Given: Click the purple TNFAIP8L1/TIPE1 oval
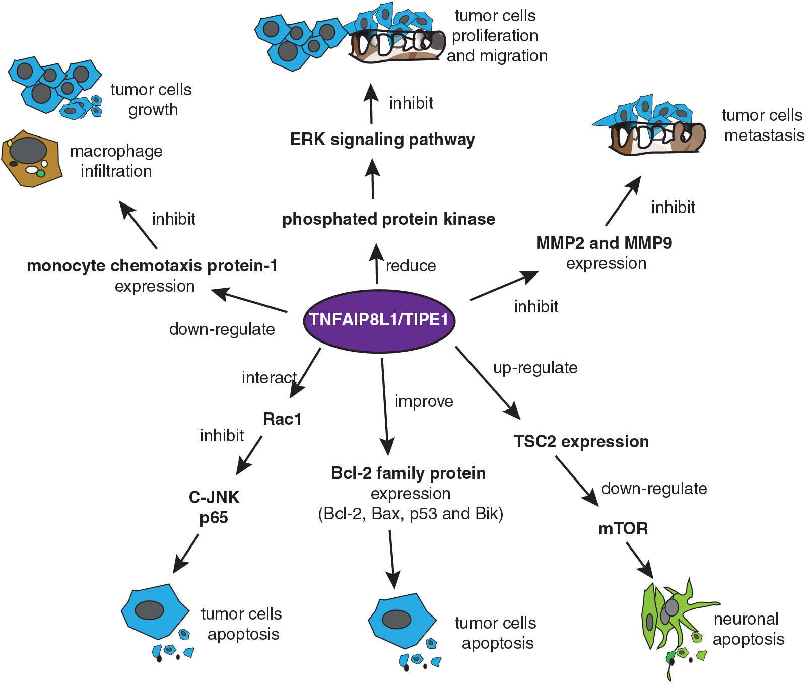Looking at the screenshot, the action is coord(379,320).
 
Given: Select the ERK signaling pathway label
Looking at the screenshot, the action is coord(382,140).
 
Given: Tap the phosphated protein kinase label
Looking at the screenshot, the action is coord(388,219).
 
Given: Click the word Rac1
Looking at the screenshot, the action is coord(282,419).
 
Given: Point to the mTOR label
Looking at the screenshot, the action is coord(623,528).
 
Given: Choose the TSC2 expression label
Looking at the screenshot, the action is coord(581,442).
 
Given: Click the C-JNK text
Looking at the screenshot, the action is coord(214,497).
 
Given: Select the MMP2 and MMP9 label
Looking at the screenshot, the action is coord(604,243).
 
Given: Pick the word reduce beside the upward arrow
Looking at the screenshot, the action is coord(411,265).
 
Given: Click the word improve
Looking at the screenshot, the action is coord(424,401).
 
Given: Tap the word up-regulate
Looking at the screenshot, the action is coord(535,368).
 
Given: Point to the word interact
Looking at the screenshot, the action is coord(269,377).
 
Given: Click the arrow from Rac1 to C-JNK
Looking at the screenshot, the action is coord(249,455).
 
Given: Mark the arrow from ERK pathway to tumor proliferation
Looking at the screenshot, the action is coord(371,104).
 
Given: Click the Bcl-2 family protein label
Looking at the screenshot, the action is coord(409,473).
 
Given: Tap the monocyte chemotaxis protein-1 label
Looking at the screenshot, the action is coord(152,266).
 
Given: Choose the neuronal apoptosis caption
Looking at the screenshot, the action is coord(749,629).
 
